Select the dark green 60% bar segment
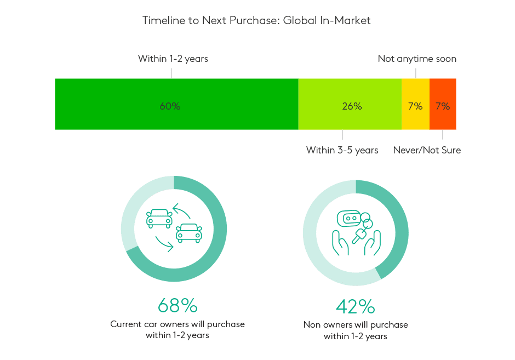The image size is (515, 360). pyautogui.click(x=176, y=104)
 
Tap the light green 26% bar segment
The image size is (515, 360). pyautogui.click(x=350, y=104)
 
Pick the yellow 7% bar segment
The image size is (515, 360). pyautogui.click(x=415, y=104)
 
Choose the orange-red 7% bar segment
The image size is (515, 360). pyautogui.click(x=443, y=104)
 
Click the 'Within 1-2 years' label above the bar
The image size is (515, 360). pyautogui.click(x=173, y=59)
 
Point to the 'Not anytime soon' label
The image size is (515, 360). pyautogui.click(x=417, y=59)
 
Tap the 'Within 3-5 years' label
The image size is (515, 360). pyautogui.click(x=342, y=151)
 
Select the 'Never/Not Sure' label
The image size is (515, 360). pyautogui.click(x=427, y=150)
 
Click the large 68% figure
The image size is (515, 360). pyautogui.click(x=178, y=305)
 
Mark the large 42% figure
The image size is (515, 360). pyautogui.click(x=356, y=306)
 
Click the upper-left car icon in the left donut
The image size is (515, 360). pyautogui.click(x=159, y=219)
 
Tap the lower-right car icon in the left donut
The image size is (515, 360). pyautogui.click(x=189, y=233)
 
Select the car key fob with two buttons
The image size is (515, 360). pyautogui.click(x=349, y=219)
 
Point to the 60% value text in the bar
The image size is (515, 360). pyautogui.click(x=170, y=106)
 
